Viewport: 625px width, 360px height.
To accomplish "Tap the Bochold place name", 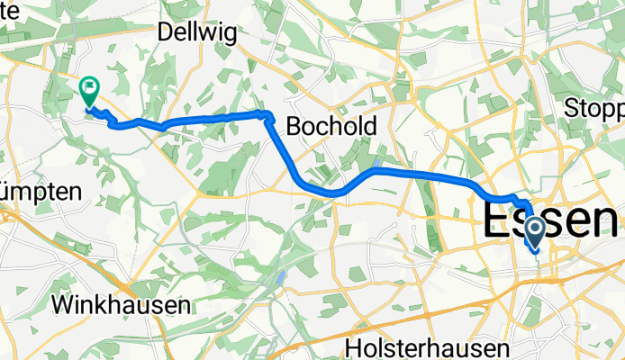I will tap(331, 128).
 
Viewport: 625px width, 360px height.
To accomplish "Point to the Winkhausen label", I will tap(121, 304).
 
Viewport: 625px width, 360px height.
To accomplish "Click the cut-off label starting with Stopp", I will tap(595, 109).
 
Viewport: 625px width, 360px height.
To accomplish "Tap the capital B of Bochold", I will tap(293, 128).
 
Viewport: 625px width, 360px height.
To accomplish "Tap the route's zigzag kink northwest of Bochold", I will tap(267, 115).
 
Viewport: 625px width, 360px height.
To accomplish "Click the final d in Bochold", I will tap(369, 128).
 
